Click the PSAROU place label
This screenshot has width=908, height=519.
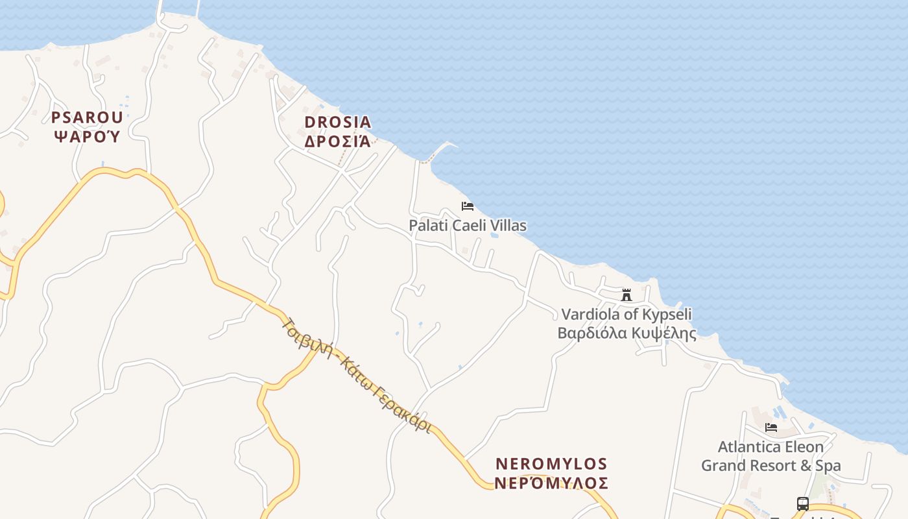[87, 117]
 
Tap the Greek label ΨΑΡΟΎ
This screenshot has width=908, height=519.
[87, 136]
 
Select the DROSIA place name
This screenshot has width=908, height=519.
[338, 122]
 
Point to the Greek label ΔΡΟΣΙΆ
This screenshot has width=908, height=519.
[338, 141]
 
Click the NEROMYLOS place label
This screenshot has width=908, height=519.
[551, 464]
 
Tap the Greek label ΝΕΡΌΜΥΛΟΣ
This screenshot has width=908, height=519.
[551, 483]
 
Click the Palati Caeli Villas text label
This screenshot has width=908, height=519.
[468, 225]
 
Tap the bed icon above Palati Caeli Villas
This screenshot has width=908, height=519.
[468, 206]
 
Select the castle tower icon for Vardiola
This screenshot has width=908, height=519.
[627, 295]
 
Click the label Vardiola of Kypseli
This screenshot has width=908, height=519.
[627, 315]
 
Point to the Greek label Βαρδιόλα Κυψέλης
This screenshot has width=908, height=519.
[627, 333]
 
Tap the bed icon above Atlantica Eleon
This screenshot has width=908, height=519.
[771, 427]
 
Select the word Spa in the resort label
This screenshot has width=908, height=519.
[828, 466]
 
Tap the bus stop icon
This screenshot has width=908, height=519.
[803, 503]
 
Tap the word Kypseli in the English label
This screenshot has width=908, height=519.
[667, 315]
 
